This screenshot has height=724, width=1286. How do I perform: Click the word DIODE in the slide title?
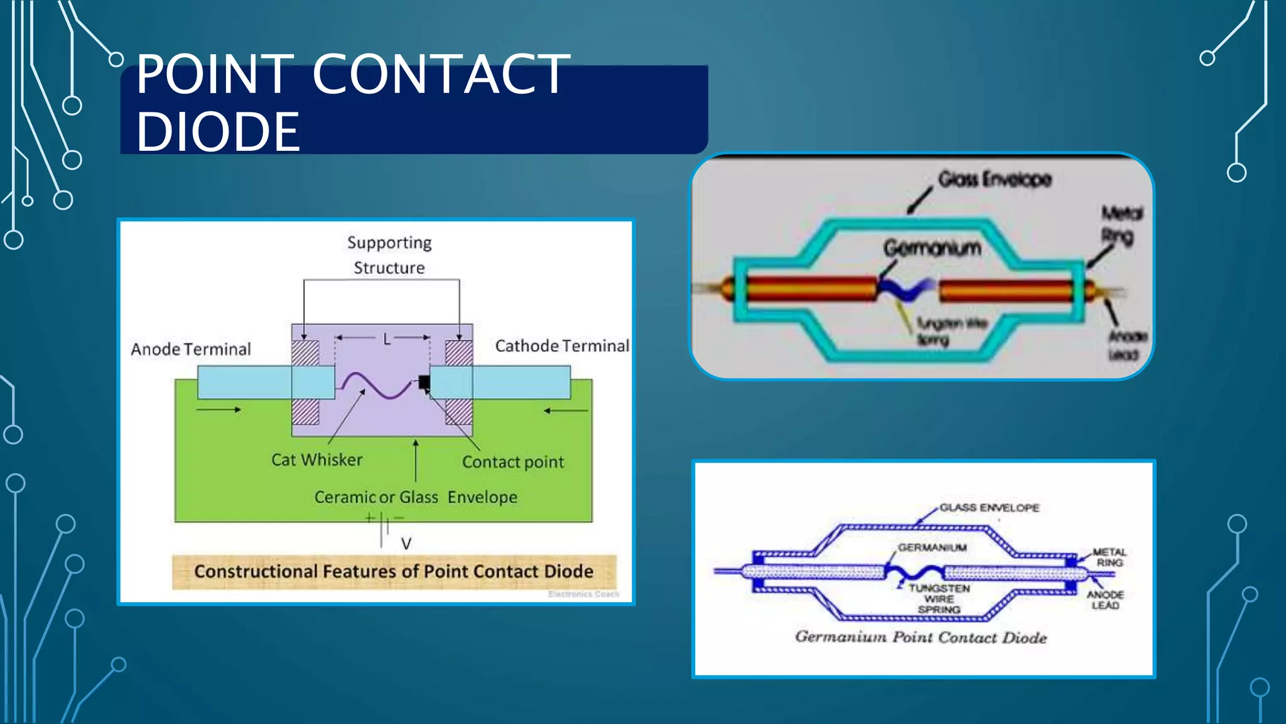pos(218,132)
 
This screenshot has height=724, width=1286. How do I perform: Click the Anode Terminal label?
pos(190,349)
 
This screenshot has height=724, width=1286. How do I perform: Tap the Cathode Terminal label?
pos(561,346)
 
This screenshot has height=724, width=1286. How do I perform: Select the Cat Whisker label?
pos(316,460)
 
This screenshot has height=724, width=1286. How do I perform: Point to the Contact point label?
pos(512,463)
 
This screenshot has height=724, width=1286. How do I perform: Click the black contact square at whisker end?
pos(424,381)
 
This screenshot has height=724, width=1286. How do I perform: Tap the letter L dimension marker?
pos(387,340)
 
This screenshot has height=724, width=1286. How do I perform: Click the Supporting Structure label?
pos(389,255)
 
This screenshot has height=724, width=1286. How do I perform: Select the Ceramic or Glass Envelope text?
pos(416,497)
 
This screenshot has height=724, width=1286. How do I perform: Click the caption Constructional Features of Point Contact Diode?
pos(394,571)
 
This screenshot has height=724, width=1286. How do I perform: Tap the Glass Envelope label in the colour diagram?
pos(994,180)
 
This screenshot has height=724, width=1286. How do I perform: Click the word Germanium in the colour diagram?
pos(932,248)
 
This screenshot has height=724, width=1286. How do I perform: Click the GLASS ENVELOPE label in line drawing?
pos(989,508)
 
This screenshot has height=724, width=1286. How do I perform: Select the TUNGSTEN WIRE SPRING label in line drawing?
pos(939,599)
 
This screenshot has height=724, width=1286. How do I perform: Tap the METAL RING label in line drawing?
pos(1109,557)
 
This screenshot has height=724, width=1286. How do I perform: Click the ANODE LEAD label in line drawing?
pos(1105,600)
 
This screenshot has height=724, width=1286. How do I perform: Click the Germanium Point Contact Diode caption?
pos(921,637)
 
